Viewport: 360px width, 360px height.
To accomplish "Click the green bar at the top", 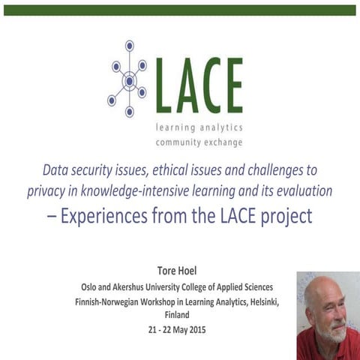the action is tap(180, 10).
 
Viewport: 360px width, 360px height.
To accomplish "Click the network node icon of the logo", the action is tap(129, 80).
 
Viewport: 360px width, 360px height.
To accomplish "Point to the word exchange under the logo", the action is tap(221, 142).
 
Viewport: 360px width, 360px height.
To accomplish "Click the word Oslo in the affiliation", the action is tap(91, 287).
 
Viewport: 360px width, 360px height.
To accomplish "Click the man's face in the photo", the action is tap(331, 307).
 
